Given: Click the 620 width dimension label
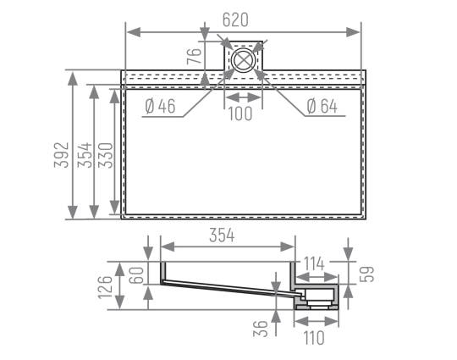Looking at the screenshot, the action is (235, 19).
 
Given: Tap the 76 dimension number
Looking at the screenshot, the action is (194, 56).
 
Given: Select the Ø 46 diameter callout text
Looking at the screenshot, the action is (160, 106).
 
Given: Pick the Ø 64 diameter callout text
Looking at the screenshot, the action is (322, 106).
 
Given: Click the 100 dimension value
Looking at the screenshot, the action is (240, 114).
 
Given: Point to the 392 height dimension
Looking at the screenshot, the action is (62, 155).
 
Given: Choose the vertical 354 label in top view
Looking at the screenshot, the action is (85, 155).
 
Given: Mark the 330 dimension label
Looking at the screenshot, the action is (105, 155).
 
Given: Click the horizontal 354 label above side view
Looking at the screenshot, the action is (222, 235).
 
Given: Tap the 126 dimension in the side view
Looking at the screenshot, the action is (105, 287).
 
